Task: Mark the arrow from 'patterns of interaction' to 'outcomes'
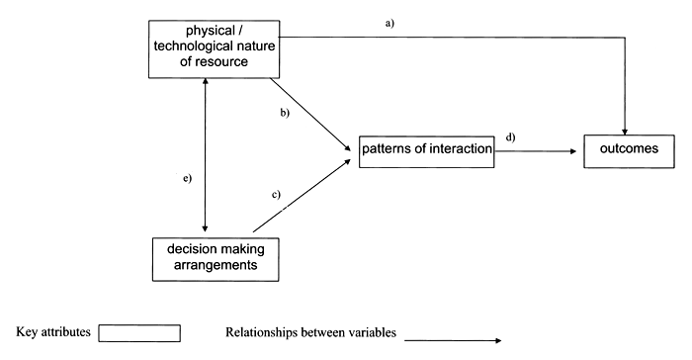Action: click(534, 151)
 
